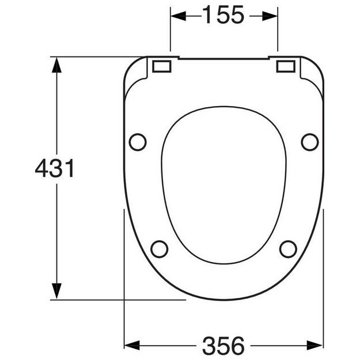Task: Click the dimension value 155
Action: (223, 16)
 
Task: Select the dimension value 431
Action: (55, 169)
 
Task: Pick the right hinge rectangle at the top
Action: (286, 66)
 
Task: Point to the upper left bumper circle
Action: (138, 141)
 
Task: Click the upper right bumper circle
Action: (309, 141)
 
